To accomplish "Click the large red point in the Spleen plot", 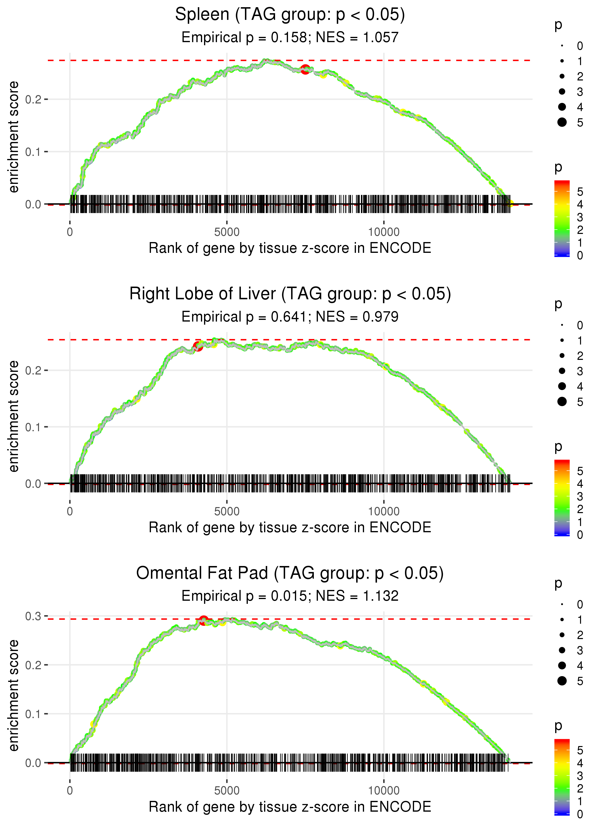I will pos(305,69).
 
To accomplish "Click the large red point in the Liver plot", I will pos(198,346).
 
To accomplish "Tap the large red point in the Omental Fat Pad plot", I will pos(204,620).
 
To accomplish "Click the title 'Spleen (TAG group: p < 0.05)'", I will pos(290,15).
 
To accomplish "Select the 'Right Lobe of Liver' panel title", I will pos(290,294).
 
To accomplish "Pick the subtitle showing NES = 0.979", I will pos(290,317).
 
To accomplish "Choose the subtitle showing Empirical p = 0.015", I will pos(290,596).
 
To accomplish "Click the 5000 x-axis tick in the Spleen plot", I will pos(227,232).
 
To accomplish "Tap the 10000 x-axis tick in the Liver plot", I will pos(384,511).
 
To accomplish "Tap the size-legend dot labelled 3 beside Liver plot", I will pos(562,371).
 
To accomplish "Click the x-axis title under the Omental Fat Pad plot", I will pos(290,807).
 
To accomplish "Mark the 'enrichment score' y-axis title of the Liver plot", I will pos(14,416).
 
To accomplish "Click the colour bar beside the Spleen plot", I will pos(562,218).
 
